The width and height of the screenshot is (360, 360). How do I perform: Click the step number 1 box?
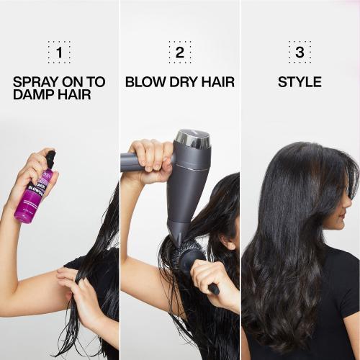[59, 53]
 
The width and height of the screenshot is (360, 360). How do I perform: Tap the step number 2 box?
[179, 53]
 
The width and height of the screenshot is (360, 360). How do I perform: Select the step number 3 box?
[300, 53]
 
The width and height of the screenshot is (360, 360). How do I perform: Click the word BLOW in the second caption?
[143, 81]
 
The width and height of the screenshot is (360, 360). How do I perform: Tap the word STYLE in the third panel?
[300, 81]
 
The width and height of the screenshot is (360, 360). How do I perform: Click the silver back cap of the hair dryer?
[193, 138]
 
